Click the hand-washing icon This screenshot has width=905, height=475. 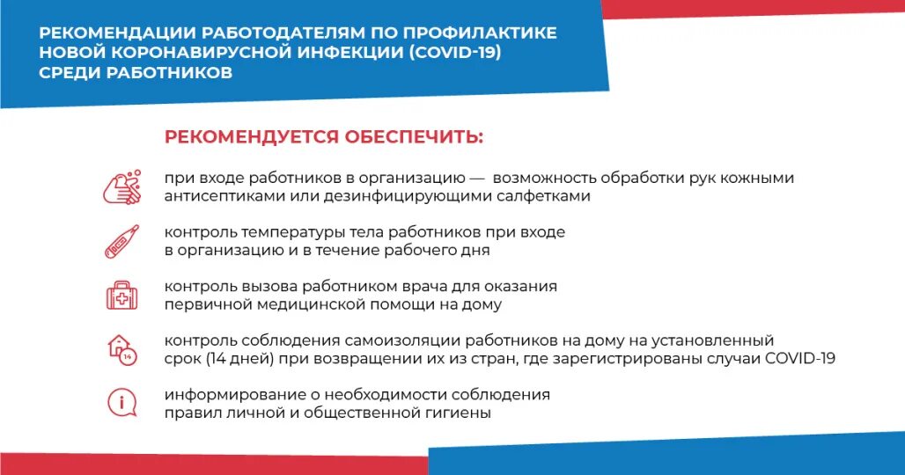point(121,186)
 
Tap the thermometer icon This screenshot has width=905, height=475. point(121,241)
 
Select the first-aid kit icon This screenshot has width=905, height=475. point(121,295)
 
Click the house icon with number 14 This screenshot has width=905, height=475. point(121,348)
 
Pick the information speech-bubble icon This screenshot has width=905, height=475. point(121,403)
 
